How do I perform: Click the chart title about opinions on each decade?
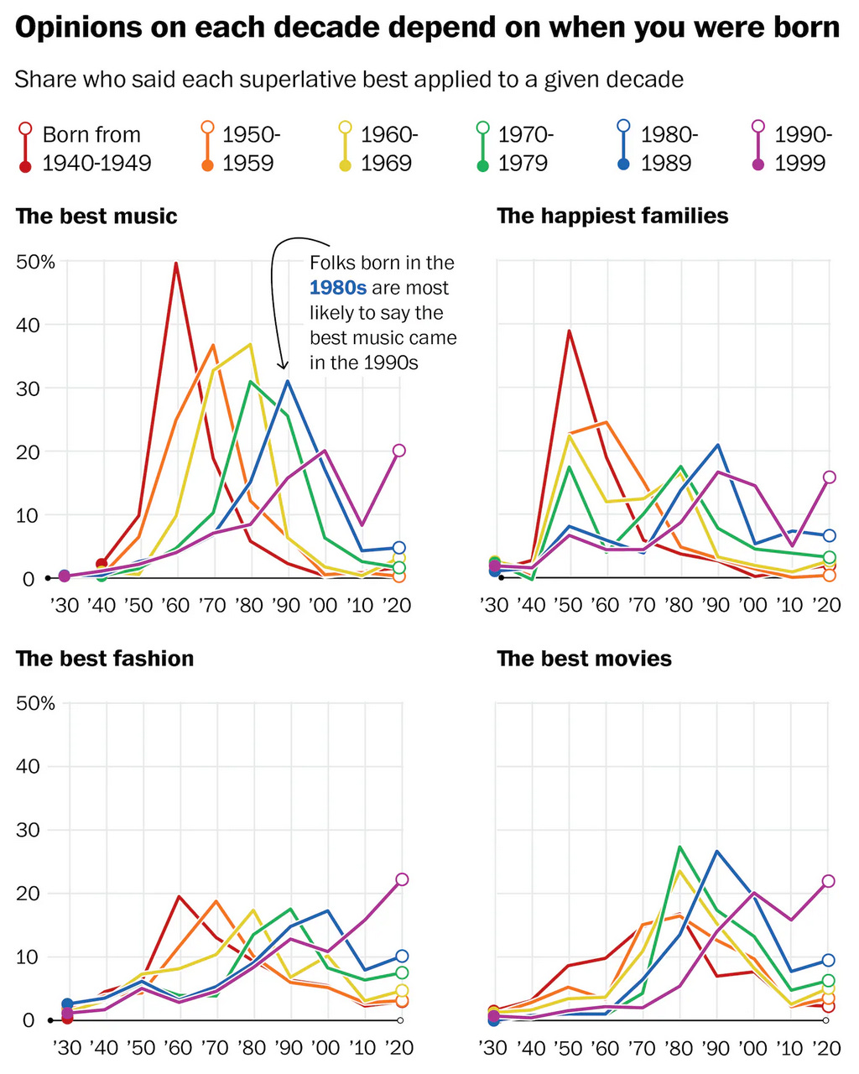pyautogui.click(x=427, y=29)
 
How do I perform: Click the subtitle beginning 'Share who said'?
pyautogui.click(x=349, y=80)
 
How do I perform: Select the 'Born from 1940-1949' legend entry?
pyautogui.click(x=84, y=149)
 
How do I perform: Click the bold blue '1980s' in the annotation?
pyautogui.click(x=337, y=288)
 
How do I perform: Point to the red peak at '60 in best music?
pyautogui.click(x=176, y=263)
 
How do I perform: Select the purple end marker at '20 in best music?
pyautogui.click(x=398, y=451)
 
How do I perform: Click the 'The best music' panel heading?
pyautogui.click(x=96, y=216)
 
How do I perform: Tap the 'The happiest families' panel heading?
pyautogui.click(x=612, y=216)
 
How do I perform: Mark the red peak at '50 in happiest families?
pyautogui.click(x=570, y=331)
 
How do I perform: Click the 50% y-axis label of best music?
pyautogui.click(x=36, y=263)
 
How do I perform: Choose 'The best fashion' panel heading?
pyautogui.click(x=105, y=659)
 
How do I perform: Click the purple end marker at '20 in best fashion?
pyautogui.click(x=402, y=879)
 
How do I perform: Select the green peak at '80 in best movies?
pyautogui.click(x=679, y=847)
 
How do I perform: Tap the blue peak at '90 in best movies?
pyautogui.click(x=716, y=851)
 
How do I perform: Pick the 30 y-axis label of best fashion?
pyautogui.click(x=29, y=830)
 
